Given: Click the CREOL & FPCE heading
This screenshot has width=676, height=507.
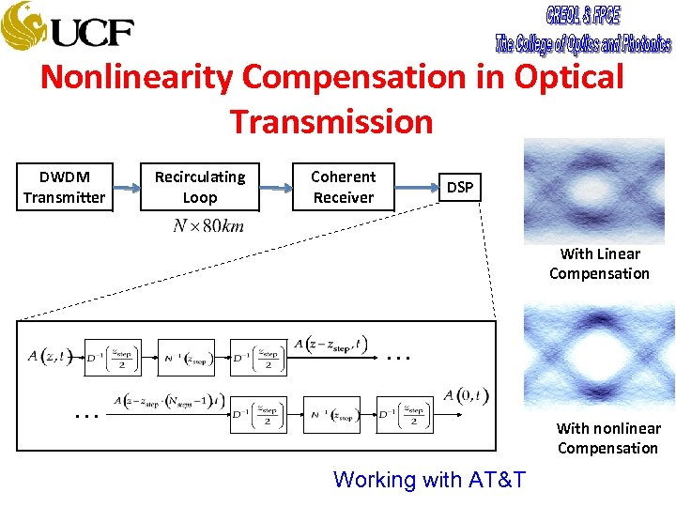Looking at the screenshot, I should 582,16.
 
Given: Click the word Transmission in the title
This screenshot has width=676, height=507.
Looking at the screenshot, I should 331,121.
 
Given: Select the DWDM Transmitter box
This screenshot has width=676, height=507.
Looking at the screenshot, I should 65,187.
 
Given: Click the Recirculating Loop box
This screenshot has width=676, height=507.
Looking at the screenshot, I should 199,187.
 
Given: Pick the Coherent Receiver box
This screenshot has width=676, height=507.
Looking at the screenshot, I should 343,187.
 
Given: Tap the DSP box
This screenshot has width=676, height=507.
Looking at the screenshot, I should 460,188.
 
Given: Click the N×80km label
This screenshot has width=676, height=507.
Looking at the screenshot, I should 208,226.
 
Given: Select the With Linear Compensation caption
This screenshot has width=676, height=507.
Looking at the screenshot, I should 599,264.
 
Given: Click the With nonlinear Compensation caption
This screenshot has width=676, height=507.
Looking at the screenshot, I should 607,438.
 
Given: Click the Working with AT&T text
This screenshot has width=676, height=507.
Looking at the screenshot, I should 429,480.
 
